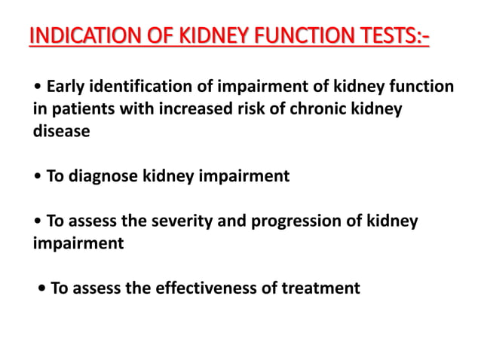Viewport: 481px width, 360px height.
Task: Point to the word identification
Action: coord(139,88)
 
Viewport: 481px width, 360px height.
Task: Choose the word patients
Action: coord(81,110)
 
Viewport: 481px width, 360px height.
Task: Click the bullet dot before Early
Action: coord(37,89)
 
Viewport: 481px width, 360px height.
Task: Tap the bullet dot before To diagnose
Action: coord(37,177)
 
